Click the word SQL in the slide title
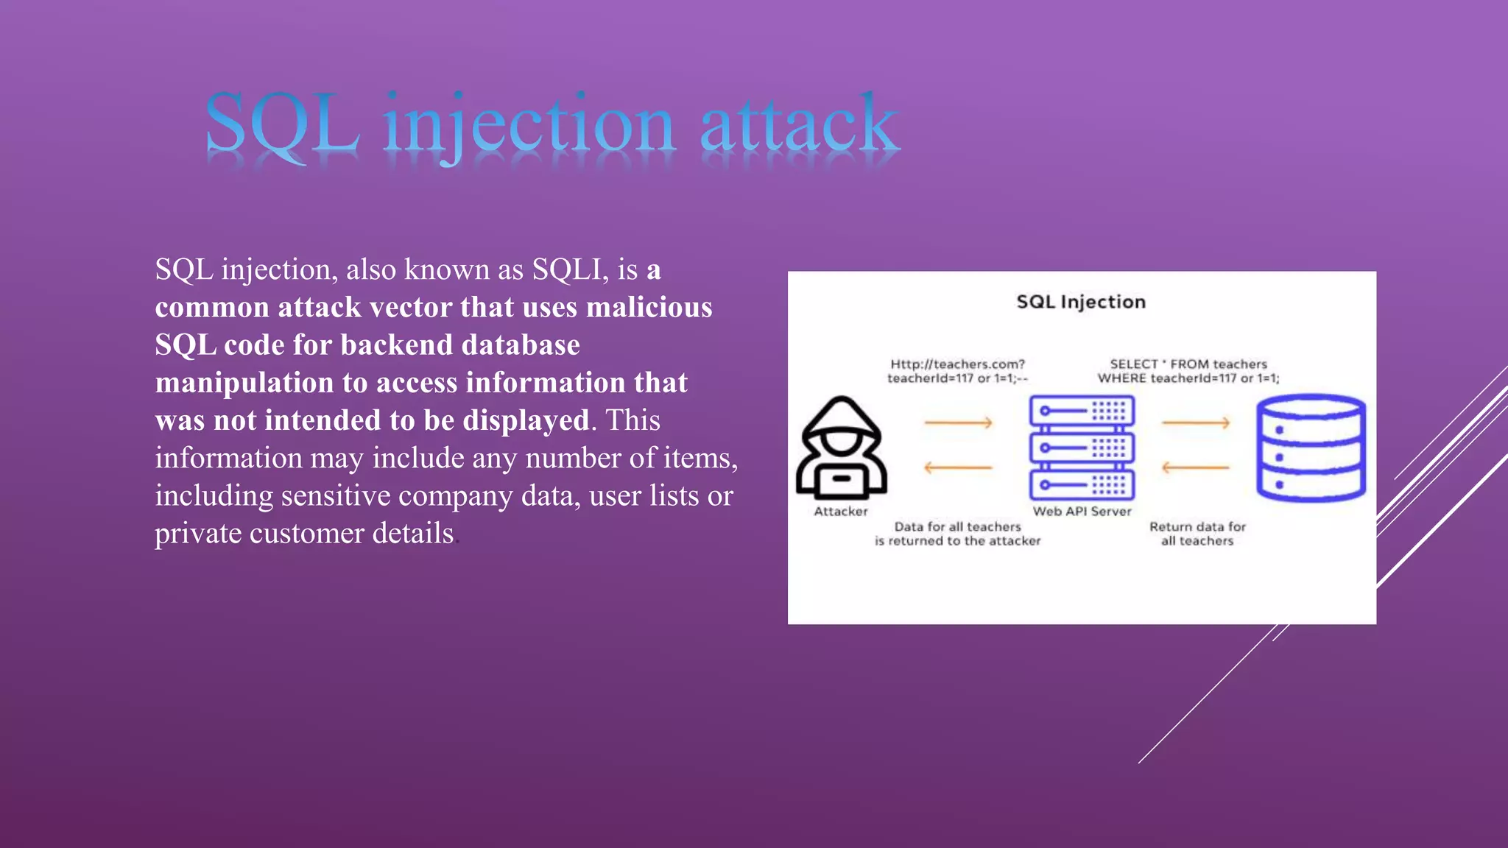[x=281, y=124]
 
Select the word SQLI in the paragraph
[x=570, y=269]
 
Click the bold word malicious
[x=649, y=307]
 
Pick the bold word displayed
[x=526, y=420]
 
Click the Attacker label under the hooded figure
[x=841, y=512]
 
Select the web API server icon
[x=1082, y=448]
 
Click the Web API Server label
[x=1082, y=512]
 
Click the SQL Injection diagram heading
[x=1081, y=302]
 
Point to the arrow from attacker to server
[x=959, y=423]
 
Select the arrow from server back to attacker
[x=959, y=467]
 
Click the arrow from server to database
[x=1196, y=423]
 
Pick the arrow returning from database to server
[x=1196, y=467]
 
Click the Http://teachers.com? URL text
[x=957, y=364]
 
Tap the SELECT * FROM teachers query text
[x=1188, y=364]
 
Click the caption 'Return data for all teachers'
[x=1197, y=534]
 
